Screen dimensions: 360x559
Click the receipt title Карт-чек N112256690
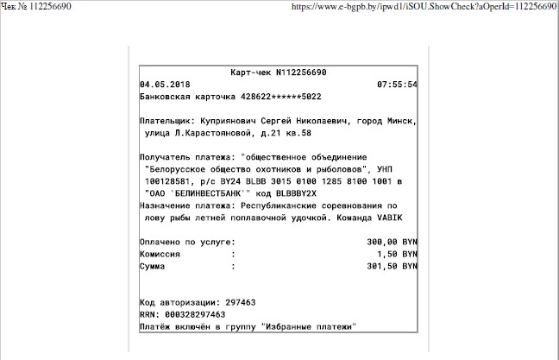pos(278,73)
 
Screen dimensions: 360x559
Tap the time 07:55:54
pos(397,85)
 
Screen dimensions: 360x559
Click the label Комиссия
pos(160,255)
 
